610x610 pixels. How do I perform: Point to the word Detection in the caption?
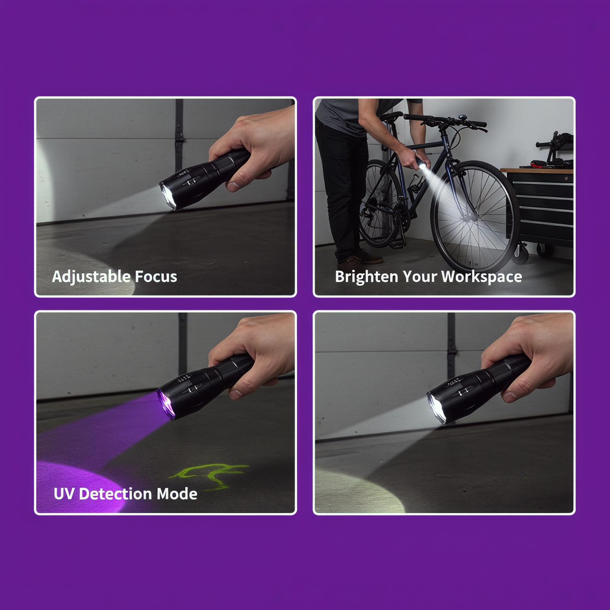116,494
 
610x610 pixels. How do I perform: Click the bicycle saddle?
390,115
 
